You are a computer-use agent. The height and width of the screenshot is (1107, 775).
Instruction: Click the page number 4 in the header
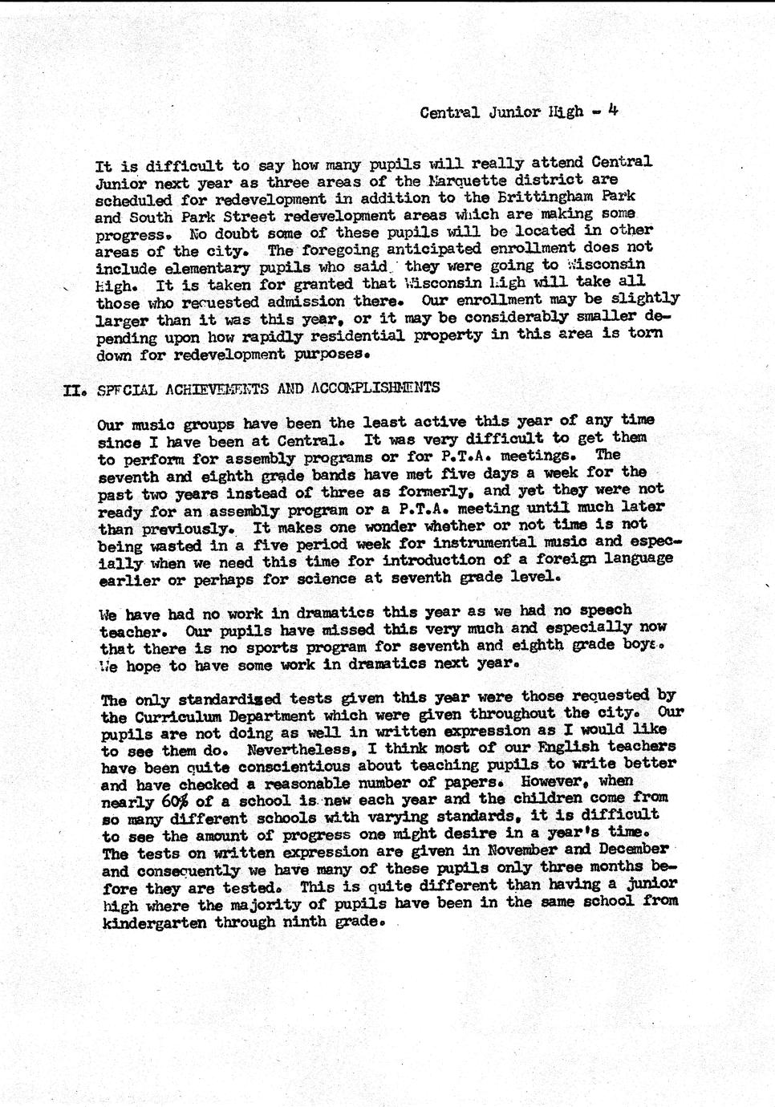[612, 110]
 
